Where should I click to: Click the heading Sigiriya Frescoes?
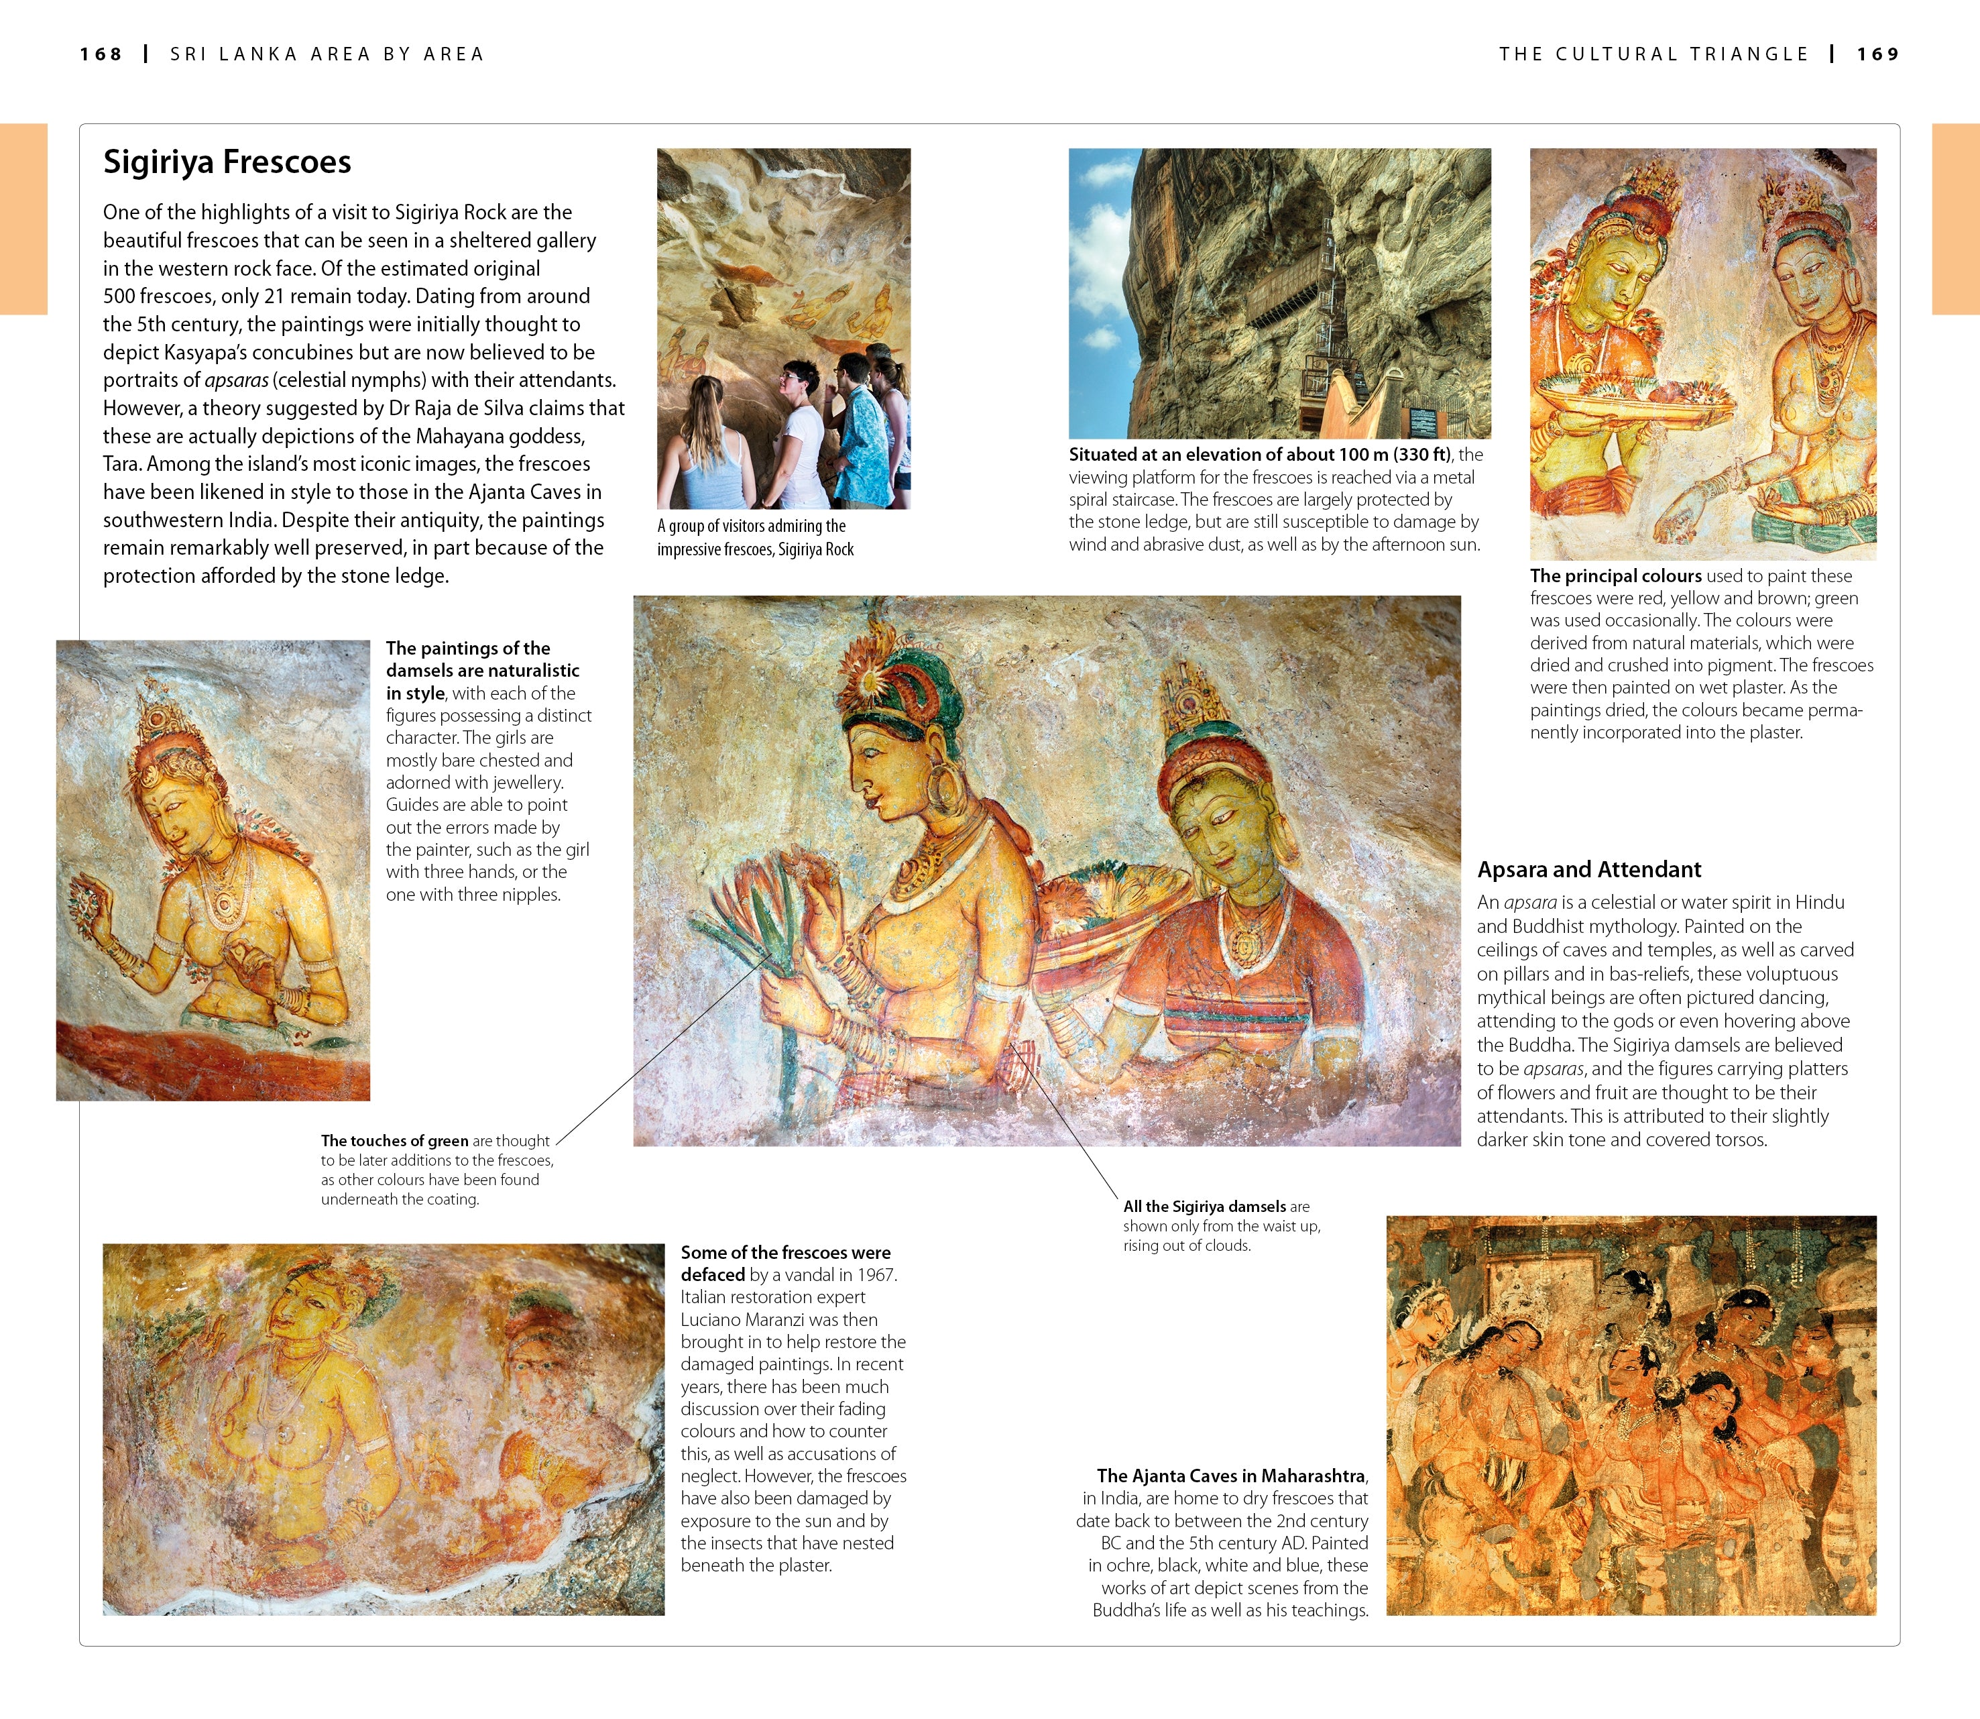[227, 162]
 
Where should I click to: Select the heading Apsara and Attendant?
[1589, 869]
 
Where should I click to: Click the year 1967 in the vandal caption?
[876, 1275]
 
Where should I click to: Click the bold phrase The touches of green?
[394, 1141]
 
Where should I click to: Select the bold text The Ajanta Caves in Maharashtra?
[1231, 1476]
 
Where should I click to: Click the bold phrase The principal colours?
[1616, 575]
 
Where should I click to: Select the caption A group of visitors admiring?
[752, 526]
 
